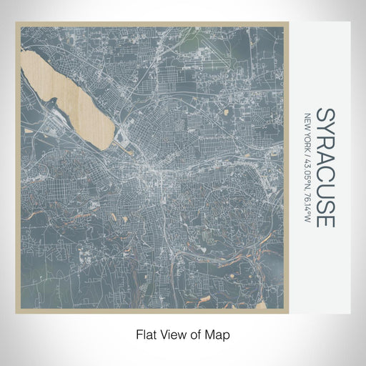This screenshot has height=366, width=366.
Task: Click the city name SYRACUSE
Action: coord(325,168)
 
